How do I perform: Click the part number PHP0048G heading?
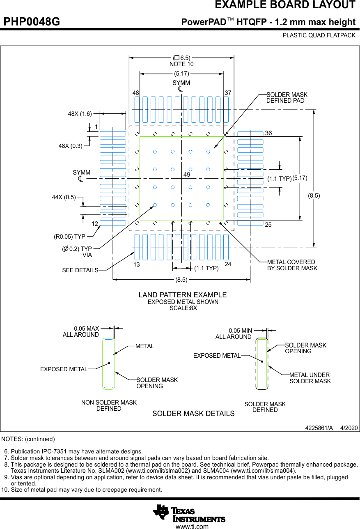(32, 22)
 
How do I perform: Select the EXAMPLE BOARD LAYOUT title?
(285, 5)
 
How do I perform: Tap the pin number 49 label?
(187, 175)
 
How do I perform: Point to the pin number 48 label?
(136, 93)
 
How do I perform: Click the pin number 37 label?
(228, 93)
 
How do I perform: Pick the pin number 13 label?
(136, 264)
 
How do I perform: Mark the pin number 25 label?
(268, 225)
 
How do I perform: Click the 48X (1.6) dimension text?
(80, 114)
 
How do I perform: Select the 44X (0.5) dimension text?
(64, 197)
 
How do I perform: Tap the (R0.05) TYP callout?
(69, 237)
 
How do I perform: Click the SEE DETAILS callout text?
(80, 270)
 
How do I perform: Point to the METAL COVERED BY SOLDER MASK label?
(292, 265)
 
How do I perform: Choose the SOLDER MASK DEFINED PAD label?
(287, 98)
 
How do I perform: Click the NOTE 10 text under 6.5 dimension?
(181, 64)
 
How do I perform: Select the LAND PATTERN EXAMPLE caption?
(182, 295)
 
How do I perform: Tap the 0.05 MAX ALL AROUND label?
(81, 331)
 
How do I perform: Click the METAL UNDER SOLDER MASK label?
(310, 378)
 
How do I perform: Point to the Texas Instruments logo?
(189, 513)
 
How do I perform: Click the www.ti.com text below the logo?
(192, 526)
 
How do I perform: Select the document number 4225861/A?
(319, 428)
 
